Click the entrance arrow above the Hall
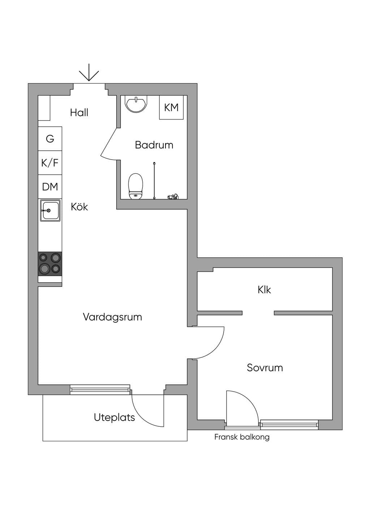click(89, 72)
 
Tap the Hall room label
click(79, 113)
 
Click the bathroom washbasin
click(136, 103)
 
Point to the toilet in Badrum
click(135, 186)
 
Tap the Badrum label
click(154, 145)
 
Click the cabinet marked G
click(50, 139)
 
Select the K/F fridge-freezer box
click(50, 162)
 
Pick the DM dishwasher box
click(50, 187)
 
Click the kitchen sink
click(50, 210)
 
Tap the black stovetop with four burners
click(50, 264)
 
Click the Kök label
click(79, 207)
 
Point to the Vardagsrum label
click(112, 317)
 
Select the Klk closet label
click(264, 290)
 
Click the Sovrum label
click(264, 368)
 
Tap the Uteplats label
click(115, 418)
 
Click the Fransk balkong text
click(242, 437)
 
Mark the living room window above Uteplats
click(100, 389)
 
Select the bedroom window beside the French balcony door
click(289, 424)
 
